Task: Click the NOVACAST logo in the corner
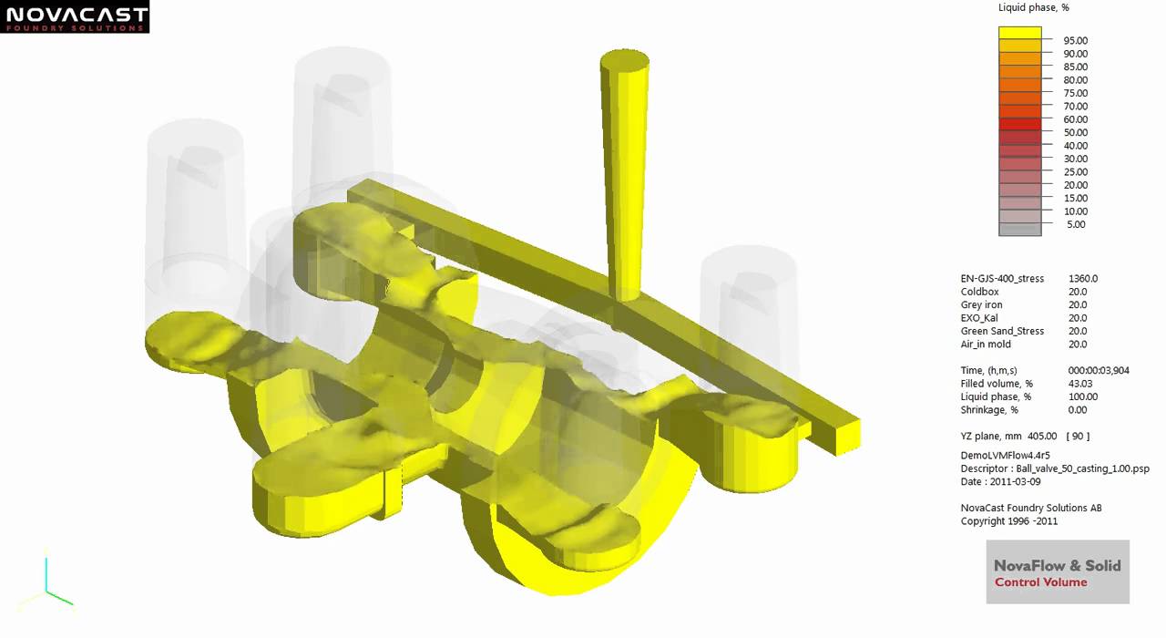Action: point(74,17)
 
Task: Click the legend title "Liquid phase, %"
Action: point(1033,7)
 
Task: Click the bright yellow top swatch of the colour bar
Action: point(1019,33)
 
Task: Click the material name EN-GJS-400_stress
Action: point(1002,279)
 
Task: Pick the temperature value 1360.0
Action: point(1082,279)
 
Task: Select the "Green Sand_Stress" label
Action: point(1002,332)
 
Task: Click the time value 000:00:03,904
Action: point(1100,371)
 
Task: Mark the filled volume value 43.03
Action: point(1080,385)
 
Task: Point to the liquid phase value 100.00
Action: point(1082,397)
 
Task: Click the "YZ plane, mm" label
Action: point(992,437)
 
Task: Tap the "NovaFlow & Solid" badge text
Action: point(1057,565)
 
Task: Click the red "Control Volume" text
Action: point(1040,582)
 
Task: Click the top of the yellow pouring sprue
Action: point(625,62)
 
